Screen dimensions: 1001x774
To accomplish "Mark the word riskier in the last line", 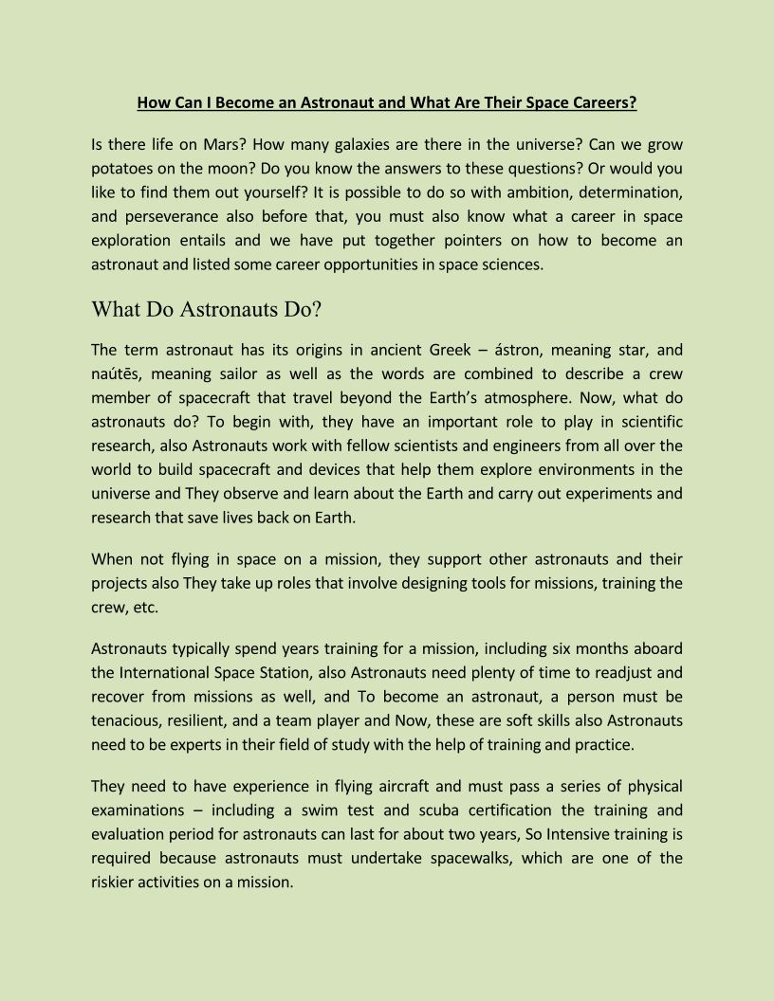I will pyautogui.click(x=114, y=882).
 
